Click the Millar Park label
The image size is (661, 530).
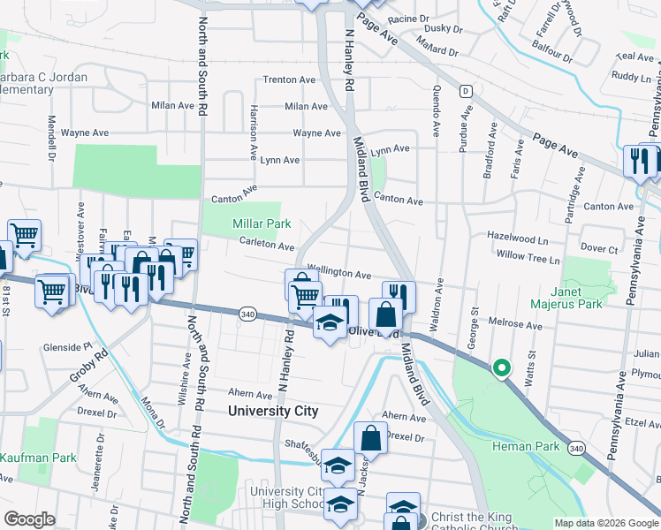[262, 223]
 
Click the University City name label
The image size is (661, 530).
[272, 411]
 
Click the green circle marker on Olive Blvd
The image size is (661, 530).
[501, 367]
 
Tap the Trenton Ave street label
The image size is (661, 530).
[289, 79]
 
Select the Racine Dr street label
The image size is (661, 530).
[407, 18]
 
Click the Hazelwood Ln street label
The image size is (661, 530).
[518, 238]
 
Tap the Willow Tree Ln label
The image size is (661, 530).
[528, 261]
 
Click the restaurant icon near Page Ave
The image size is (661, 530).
[642, 161]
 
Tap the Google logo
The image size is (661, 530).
[30, 519]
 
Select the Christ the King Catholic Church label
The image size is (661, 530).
[474, 517]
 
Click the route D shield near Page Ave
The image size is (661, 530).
[464, 91]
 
